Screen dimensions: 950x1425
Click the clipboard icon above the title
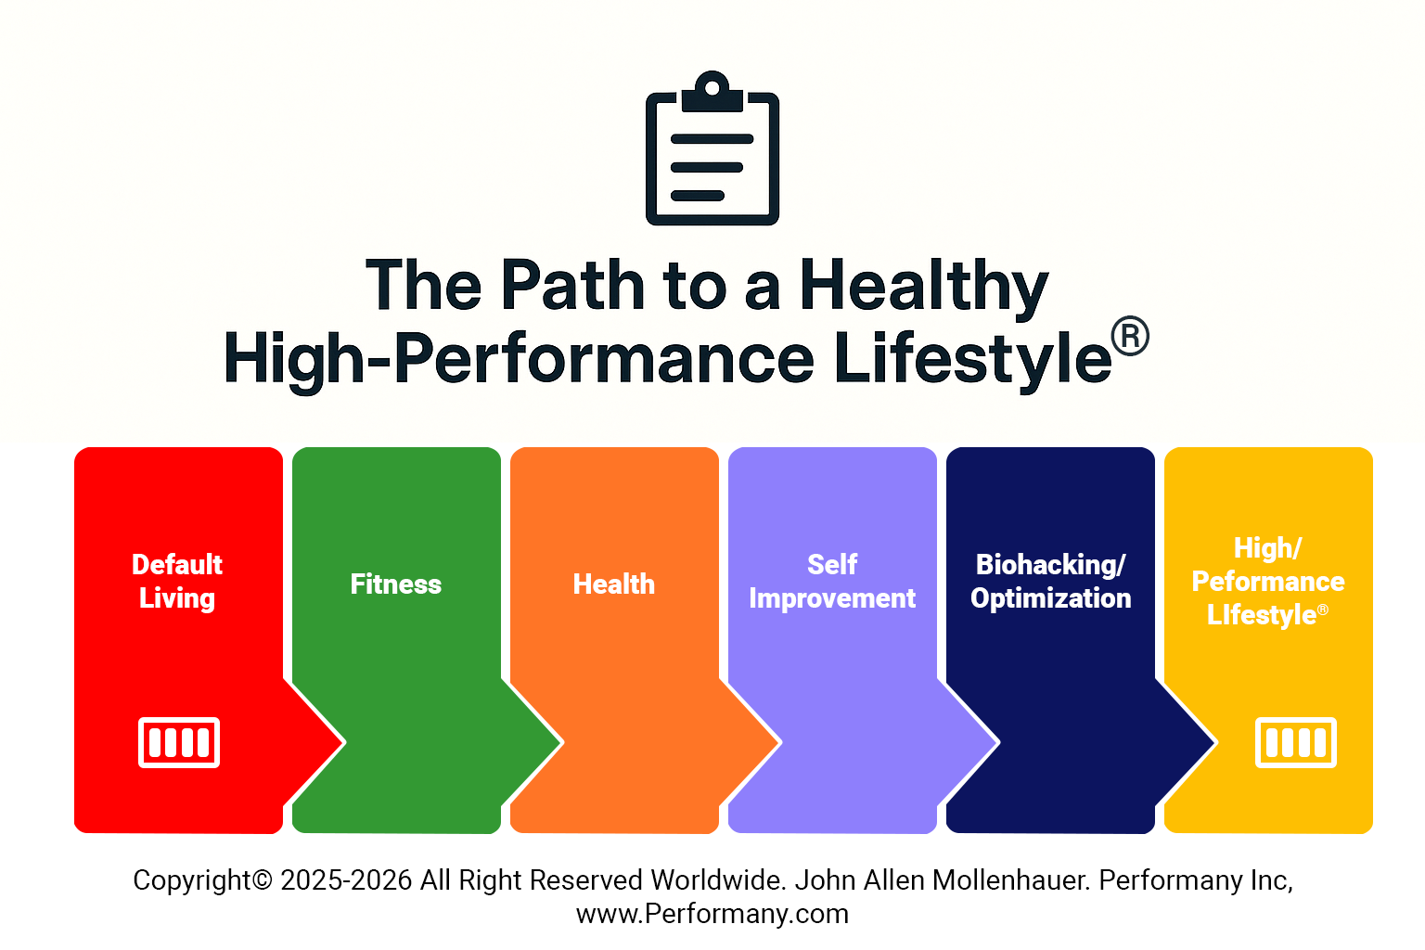click(712, 148)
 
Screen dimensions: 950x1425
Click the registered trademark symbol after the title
click(1130, 336)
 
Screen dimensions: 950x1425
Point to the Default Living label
click(177, 582)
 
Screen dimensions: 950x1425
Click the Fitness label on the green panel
click(396, 584)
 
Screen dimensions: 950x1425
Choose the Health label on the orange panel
click(614, 584)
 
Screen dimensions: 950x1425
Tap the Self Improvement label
click(832, 582)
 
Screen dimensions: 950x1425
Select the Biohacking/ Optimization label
click(1051, 582)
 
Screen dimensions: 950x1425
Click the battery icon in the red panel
click(179, 742)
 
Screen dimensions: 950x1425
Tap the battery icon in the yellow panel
click(1296, 742)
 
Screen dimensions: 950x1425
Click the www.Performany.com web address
click(712, 914)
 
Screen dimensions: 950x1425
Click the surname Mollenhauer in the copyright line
click(1010, 879)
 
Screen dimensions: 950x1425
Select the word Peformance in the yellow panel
click(1268, 582)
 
